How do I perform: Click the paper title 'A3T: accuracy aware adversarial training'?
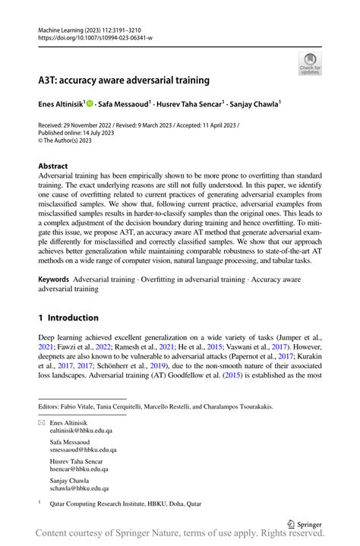(124, 80)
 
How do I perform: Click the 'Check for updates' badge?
(310, 64)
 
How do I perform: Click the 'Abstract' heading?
(55, 165)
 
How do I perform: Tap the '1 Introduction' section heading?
(68, 317)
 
